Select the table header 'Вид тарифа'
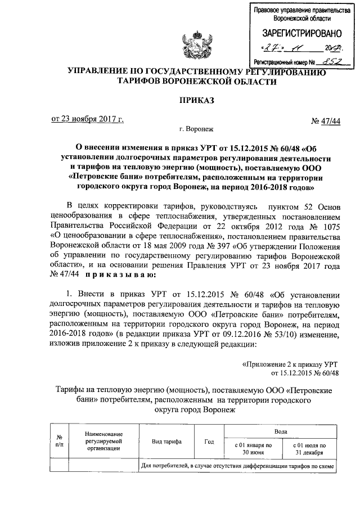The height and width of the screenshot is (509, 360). tap(167, 442)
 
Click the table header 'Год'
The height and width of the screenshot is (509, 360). tap(209, 442)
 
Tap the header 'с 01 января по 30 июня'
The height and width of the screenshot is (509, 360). tap(253, 448)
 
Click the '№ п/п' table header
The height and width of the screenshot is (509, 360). tap(60, 442)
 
